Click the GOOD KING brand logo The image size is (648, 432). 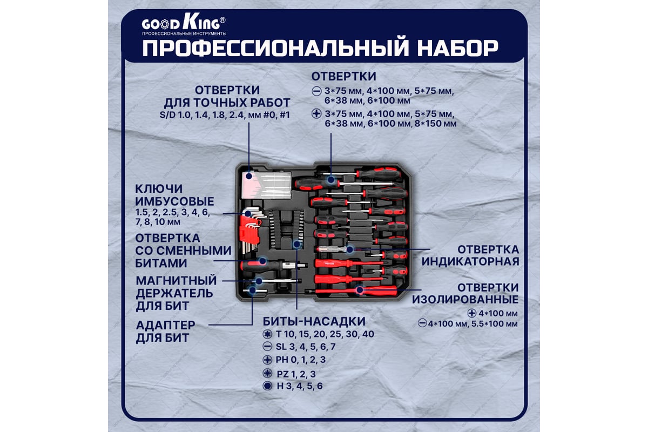[x=184, y=25]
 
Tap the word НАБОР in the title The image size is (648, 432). [x=458, y=48]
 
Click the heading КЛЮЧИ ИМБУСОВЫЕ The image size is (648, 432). [x=174, y=195]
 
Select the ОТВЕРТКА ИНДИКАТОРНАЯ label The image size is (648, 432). [x=470, y=255]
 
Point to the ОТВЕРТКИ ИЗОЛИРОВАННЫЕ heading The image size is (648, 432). [x=465, y=293]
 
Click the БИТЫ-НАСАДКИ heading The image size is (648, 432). [x=314, y=321]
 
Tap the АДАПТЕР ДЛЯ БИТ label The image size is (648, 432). [x=165, y=332]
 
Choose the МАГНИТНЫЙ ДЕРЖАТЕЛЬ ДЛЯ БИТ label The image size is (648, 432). [x=176, y=293]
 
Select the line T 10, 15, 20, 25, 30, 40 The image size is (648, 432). [x=325, y=334]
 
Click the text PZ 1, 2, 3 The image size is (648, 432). [x=296, y=374]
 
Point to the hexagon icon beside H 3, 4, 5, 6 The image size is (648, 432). [x=267, y=386]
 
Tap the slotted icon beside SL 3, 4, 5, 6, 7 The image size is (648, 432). [x=267, y=347]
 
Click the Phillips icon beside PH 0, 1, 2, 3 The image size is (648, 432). [x=267, y=360]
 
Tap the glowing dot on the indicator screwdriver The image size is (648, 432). [x=350, y=249]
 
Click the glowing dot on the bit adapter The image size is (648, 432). [x=252, y=290]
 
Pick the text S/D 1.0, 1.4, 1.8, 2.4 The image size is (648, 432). [x=201, y=115]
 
